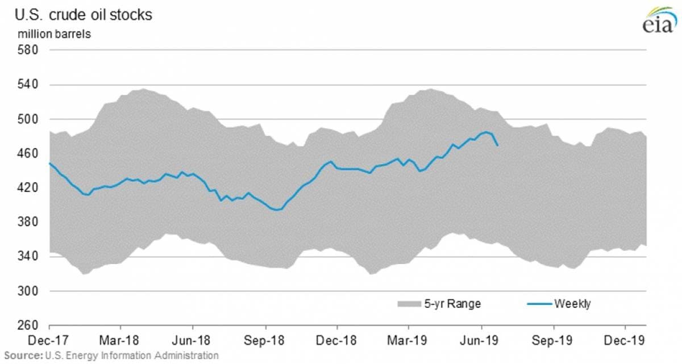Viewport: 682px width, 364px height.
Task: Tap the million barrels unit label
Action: coord(54,34)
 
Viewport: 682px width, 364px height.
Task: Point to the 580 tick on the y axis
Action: coord(28,51)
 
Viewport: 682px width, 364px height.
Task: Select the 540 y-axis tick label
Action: coord(28,85)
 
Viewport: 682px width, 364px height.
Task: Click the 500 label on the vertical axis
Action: coord(28,119)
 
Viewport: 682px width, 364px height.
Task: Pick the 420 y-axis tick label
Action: coord(28,188)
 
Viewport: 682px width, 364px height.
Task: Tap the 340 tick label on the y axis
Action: coord(28,257)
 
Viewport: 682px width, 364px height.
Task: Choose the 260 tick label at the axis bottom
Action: coord(28,326)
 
